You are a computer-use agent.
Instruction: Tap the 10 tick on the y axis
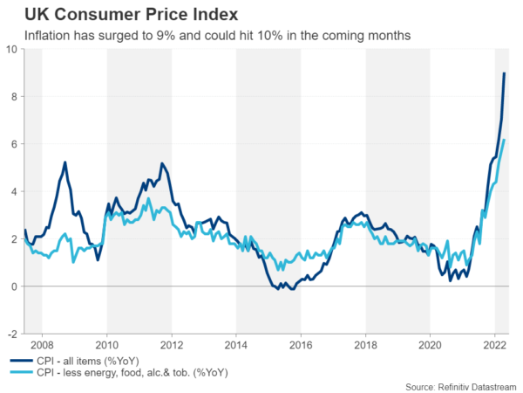(x=11, y=49)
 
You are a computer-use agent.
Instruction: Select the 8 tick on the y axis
(x=14, y=97)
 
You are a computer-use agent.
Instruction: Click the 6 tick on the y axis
(x=14, y=144)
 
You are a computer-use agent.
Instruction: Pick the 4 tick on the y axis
(x=14, y=191)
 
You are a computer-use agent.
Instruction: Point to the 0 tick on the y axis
(x=14, y=286)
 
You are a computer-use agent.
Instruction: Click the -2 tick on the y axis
(x=12, y=334)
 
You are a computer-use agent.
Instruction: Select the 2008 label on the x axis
(x=43, y=345)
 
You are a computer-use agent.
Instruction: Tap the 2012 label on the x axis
(x=172, y=345)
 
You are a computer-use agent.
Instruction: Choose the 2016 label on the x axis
(x=301, y=345)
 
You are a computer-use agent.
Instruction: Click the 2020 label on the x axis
(x=430, y=345)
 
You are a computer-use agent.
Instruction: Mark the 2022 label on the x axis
(x=494, y=345)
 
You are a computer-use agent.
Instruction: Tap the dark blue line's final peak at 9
(x=504, y=73)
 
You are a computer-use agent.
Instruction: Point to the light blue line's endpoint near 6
(x=504, y=141)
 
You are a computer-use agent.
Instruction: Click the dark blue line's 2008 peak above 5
(x=65, y=162)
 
